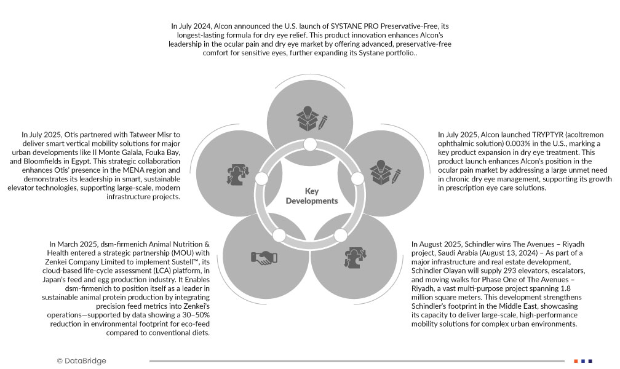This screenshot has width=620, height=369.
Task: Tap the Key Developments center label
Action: [x=312, y=196]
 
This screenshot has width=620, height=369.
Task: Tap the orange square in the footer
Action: [x=576, y=361]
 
